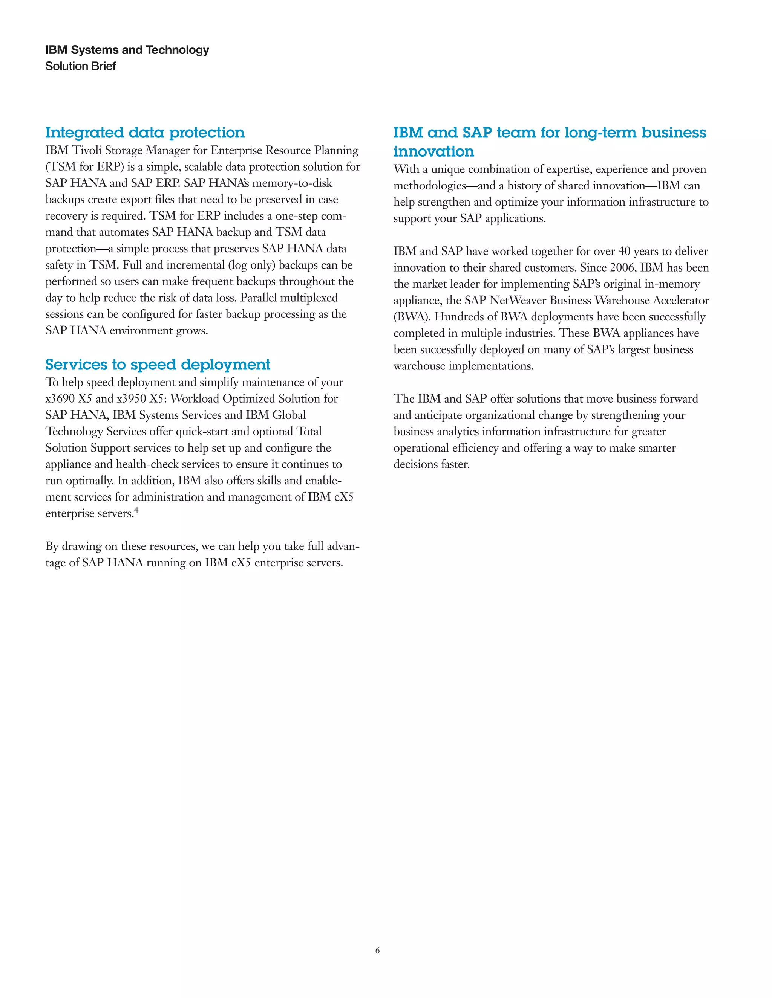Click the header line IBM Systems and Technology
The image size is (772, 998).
click(x=127, y=50)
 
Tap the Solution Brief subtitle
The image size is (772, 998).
click(x=81, y=66)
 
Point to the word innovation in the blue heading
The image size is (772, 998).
click(x=433, y=151)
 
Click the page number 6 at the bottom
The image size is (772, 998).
click(x=377, y=951)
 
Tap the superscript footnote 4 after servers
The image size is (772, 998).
click(x=136, y=510)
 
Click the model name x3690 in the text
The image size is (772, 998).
click(x=60, y=399)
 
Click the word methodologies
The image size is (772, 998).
click(x=429, y=186)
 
